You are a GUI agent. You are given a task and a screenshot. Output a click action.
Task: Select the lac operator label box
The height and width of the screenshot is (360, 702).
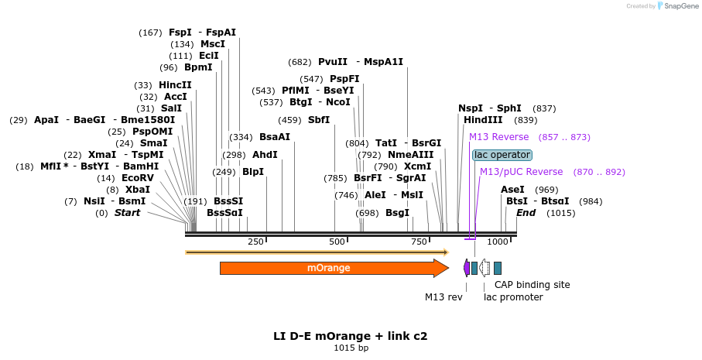pyautogui.click(x=502, y=155)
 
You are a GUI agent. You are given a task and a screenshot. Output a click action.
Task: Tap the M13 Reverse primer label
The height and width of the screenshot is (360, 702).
pyautogui.click(x=499, y=137)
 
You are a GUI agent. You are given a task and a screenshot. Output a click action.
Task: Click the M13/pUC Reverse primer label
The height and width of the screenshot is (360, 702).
pyautogui.click(x=521, y=172)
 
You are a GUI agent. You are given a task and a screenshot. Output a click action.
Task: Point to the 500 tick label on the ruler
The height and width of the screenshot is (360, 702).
pyautogui.click(x=337, y=242)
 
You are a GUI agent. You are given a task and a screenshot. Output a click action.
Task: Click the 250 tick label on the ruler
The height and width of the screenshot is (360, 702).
pyautogui.click(x=255, y=242)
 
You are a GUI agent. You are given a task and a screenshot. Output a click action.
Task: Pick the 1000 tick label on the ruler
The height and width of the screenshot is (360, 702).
pyautogui.click(x=498, y=242)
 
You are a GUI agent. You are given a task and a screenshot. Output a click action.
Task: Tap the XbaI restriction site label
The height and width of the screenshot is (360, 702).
pyautogui.click(x=138, y=190)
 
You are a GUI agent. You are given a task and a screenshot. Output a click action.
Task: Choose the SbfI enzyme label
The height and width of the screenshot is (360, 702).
pyautogui.click(x=319, y=120)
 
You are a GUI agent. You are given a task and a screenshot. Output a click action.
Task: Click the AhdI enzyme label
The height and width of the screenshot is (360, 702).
pyautogui.click(x=265, y=155)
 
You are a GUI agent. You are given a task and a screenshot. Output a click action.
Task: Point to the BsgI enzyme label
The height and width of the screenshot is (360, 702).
pyautogui.click(x=397, y=213)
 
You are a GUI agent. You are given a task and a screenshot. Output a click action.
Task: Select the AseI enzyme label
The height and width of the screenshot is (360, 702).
pyautogui.click(x=512, y=190)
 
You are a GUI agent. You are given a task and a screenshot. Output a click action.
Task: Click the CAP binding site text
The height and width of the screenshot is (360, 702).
pyautogui.click(x=532, y=285)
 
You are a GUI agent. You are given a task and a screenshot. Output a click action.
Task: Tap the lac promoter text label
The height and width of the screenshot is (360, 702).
pyautogui.click(x=513, y=297)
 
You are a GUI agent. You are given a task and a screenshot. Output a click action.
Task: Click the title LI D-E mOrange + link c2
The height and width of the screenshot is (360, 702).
pyautogui.click(x=350, y=336)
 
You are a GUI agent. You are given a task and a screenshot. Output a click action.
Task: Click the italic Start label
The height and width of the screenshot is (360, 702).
pyautogui.click(x=128, y=213)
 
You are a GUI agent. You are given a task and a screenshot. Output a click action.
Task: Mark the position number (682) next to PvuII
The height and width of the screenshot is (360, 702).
pyautogui.click(x=300, y=62)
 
